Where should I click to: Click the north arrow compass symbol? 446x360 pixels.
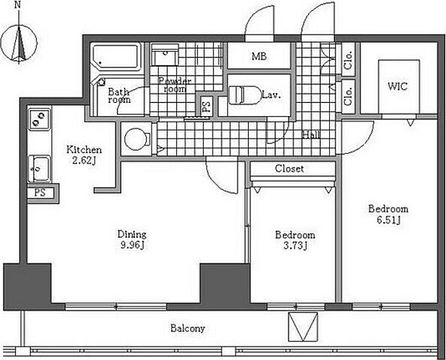[19, 44]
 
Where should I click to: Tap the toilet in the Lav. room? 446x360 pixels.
[245, 95]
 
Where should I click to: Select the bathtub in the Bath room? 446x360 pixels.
[116, 57]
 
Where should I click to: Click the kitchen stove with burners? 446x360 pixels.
[39, 119]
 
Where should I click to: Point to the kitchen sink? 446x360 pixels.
[39, 169]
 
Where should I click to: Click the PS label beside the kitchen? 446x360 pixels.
[40, 193]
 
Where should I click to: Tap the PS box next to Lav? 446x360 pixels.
[206, 105]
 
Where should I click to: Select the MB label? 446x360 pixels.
[259, 56]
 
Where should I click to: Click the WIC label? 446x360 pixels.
[397, 86]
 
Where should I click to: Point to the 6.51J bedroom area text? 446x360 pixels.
[388, 220]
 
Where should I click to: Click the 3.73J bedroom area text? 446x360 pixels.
[295, 246]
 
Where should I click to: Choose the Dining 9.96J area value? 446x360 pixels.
[132, 245]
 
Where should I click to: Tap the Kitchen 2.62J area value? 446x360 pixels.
[84, 160]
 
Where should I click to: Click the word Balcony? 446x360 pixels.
[187, 328]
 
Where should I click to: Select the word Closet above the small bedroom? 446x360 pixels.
[289, 169]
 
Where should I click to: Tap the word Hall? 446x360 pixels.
[311, 134]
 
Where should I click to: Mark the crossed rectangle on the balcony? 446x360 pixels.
[303, 327]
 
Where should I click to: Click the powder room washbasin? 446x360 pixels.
[165, 55]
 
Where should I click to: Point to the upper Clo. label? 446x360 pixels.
[348, 60]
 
